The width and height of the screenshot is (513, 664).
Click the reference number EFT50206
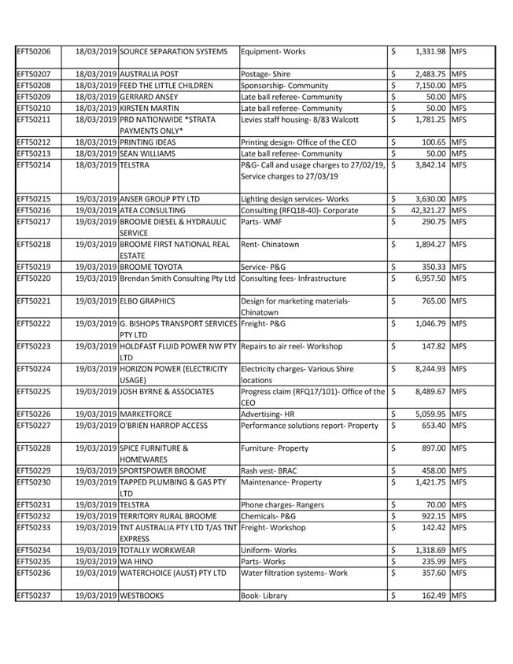33,52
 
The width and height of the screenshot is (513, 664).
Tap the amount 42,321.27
425,211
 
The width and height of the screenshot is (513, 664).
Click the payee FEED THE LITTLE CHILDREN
166,85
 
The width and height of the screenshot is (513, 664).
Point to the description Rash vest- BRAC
272,471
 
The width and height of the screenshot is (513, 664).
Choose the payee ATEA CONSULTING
153,211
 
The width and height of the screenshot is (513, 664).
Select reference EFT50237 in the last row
33,596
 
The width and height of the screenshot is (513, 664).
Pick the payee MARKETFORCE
146,415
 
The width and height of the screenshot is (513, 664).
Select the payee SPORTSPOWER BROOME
163,471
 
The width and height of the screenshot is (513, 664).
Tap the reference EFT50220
33,279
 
